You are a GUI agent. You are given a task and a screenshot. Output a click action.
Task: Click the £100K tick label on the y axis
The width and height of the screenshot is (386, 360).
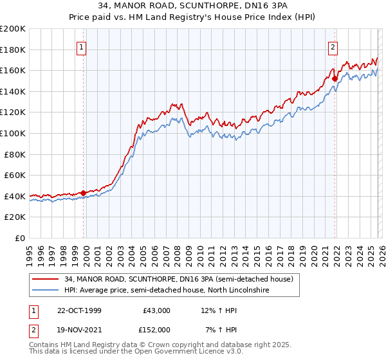pos(13,133)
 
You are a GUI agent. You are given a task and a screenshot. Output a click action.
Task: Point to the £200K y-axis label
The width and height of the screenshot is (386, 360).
pos(13,29)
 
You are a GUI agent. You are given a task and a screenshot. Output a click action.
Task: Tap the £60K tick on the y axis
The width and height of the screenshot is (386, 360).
pos(15,175)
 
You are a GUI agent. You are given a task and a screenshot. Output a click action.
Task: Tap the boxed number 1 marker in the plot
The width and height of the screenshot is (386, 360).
pos(83,46)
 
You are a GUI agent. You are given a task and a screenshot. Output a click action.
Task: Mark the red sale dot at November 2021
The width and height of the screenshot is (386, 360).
pos(335,79)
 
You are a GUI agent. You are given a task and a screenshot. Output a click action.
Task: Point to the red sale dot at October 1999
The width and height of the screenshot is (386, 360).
pos(84,192)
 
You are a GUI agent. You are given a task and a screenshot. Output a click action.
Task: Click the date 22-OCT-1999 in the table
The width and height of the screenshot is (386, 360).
pos(79,310)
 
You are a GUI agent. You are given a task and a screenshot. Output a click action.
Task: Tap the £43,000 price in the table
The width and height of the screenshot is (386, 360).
pos(156,310)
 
